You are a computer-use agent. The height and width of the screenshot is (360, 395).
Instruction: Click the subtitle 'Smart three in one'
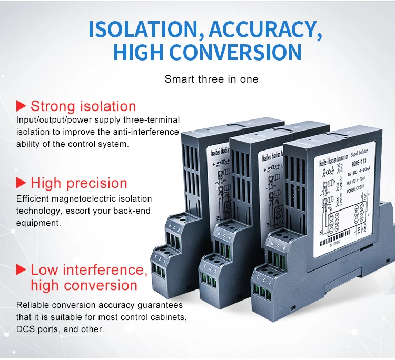[x=212, y=79]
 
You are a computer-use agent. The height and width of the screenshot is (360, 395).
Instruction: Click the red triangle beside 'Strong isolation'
[x=21, y=105]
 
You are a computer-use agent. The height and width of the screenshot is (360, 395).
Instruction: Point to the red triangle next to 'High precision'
[x=21, y=183]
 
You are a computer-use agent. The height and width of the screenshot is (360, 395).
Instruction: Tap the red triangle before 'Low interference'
[x=21, y=270]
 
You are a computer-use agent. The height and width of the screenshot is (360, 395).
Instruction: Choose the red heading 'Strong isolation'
[x=83, y=106]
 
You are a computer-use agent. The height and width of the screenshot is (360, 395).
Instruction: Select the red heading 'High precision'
[x=79, y=183]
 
